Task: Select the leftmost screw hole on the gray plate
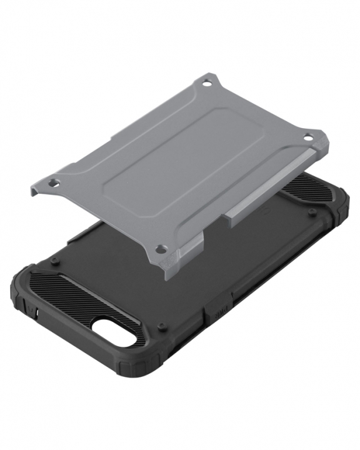click(x=54, y=184)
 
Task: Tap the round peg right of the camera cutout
click(x=162, y=326)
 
